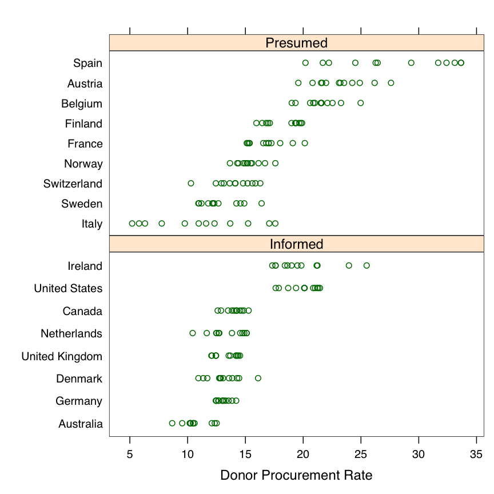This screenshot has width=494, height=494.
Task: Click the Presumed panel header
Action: click(296, 43)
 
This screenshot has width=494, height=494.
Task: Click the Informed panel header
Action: click(296, 244)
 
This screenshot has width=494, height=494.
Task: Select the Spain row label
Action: click(87, 63)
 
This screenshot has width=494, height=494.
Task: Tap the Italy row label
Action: click(91, 224)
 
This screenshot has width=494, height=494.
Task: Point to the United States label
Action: click(68, 288)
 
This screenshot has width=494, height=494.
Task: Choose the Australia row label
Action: click(80, 424)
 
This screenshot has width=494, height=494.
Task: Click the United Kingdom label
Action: click(62, 356)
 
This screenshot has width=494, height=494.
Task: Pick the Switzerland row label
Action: click(73, 184)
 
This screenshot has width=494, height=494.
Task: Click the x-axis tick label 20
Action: click(303, 454)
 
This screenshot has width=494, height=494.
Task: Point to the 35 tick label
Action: click(476, 454)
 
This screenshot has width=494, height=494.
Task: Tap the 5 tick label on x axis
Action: click(130, 454)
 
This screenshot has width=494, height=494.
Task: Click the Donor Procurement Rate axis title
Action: click(296, 475)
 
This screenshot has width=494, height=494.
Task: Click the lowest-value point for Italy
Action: click(132, 224)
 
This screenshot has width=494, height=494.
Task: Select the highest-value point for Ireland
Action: click(366, 265)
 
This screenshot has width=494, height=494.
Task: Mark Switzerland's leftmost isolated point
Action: click(191, 184)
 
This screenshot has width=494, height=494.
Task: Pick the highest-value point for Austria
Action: click(391, 83)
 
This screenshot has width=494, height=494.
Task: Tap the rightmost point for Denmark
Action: click(258, 378)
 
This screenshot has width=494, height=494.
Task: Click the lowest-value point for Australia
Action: click(172, 423)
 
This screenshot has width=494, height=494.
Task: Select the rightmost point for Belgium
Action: click(360, 103)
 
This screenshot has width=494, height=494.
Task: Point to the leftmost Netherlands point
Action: click(193, 333)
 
